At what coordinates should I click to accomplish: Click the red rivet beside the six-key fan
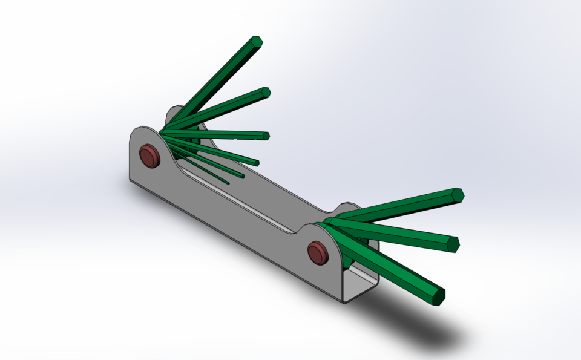(x=149, y=155)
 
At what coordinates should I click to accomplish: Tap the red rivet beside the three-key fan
(x=317, y=251)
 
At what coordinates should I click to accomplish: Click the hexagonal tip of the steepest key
(x=257, y=42)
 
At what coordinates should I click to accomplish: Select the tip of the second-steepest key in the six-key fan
(x=264, y=93)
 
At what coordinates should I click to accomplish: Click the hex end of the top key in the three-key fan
(x=457, y=195)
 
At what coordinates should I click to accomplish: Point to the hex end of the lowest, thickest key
(x=437, y=295)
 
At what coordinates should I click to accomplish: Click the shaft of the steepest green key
(x=218, y=79)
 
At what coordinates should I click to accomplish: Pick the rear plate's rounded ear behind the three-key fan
(x=348, y=209)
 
